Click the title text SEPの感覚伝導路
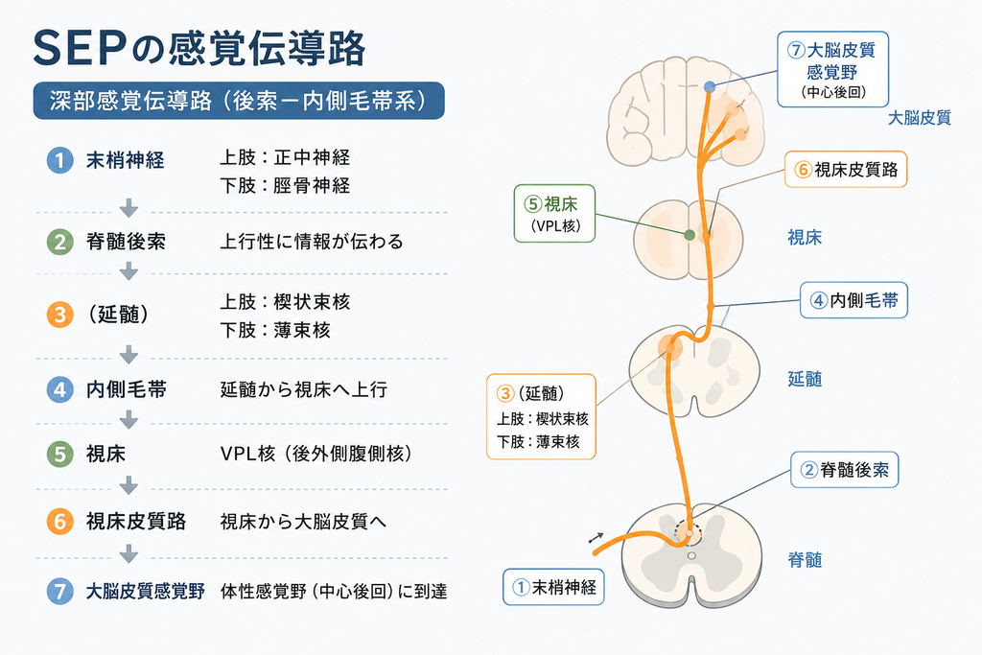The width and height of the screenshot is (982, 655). (x=199, y=48)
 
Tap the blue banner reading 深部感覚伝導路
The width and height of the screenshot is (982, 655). (x=239, y=101)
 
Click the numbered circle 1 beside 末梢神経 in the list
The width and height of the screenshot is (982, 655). (x=60, y=160)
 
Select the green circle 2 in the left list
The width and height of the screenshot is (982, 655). (x=60, y=242)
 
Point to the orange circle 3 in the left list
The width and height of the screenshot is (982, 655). (x=60, y=315)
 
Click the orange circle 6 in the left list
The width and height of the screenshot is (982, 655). (x=60, y=521)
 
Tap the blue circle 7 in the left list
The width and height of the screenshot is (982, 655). (x=60, y=591)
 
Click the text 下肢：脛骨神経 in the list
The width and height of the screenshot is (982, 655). (x=285, y=186)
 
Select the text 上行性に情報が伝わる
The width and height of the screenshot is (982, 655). (x=312, y=242)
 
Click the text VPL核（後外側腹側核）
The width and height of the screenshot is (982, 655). (x=316, y=454)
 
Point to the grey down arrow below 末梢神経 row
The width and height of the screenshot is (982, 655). (x=129, y=208)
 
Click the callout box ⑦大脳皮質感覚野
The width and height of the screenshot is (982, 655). (x=833, y=69)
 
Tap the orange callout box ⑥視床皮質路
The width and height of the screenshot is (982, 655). (x=846, y=170)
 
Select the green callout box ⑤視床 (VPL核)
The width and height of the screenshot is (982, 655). (x=554, y=214)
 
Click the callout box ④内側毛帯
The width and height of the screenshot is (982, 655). (x=853, y=300)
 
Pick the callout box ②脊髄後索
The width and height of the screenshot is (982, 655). (x=844, y=470)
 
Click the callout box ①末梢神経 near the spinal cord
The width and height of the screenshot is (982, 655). (x=553, y=587)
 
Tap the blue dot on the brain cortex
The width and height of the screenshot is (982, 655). (x=709, y=87)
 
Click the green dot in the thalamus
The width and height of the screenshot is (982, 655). (x=690, y=236)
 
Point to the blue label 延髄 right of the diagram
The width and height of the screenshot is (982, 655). (x=805, y=379)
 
